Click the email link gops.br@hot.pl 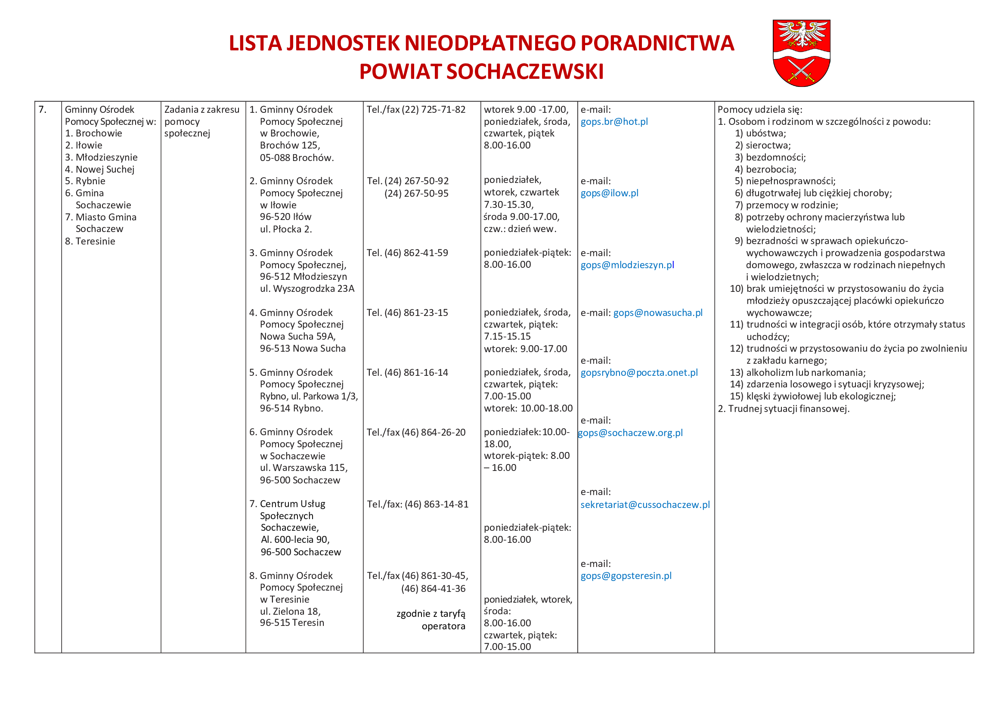coord(614,122)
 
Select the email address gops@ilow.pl coord(609,193)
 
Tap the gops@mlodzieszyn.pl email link coord(627,265)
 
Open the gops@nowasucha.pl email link coord(657,313)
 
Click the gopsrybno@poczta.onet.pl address coord(639,373)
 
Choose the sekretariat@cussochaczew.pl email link coord(645,505)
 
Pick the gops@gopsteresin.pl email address coord(626,576)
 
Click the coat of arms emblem coord(801,53)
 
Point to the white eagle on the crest coord(802,33)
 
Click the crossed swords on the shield coord(801,70)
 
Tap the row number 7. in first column coord(43,110)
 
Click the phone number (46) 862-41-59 coord(416,253)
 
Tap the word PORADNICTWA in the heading coord(657,43)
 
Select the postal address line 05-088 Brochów coord(297,158)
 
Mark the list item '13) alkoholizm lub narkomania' coord(797,373)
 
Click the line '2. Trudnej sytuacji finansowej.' coord(783,409)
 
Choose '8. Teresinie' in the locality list coord(90,241)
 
